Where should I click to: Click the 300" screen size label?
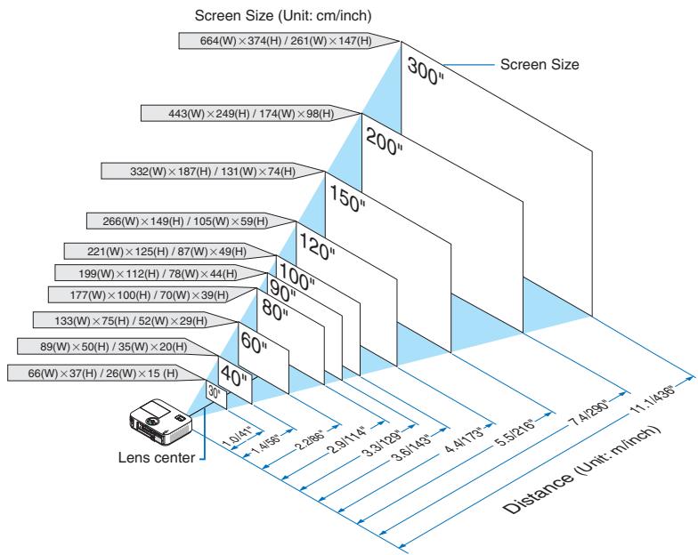point(426,71)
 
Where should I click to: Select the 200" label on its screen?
point(384,141)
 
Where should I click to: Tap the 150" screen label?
point(347,198)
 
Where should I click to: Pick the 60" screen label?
point(254,343)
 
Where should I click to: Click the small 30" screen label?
point(214,393)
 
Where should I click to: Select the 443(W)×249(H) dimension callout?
point(251,114)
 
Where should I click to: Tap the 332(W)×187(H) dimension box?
point(213,171)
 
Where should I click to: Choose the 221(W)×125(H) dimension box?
point(169,252)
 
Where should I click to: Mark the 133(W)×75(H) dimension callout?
point(135,320)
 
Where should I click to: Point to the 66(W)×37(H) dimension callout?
point(107,374)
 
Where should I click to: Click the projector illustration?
point(160,421)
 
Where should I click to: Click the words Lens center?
point(157,457)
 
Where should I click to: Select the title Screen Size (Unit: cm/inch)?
point(283,16)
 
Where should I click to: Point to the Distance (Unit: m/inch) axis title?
point(582,470)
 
